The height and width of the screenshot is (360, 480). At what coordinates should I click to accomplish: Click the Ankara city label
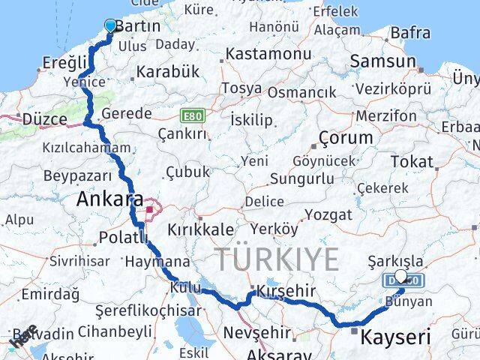click(x=109, y=200)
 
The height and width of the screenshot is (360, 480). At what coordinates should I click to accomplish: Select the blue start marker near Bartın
click(x=111, y=26)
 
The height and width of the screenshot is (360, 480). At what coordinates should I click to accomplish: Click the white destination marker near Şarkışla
click(x=400, y=276)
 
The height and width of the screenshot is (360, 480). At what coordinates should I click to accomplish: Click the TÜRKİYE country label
click(x=277, y=259)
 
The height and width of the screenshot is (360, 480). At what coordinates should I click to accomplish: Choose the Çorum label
click(x=346, y=138)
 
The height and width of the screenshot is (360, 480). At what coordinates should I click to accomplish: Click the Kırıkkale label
click(x=200, y=230)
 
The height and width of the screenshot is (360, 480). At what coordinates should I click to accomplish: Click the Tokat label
click(x=412, y=161)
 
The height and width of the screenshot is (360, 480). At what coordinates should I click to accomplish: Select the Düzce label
click(x=45, y=118)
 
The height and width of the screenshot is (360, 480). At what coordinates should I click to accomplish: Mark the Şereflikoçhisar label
click(x=148, y=310)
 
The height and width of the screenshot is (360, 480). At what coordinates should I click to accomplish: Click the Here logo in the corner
click(x=24, y=336)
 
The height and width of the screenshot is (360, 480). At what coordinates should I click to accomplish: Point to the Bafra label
click(x=409, y=33)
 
